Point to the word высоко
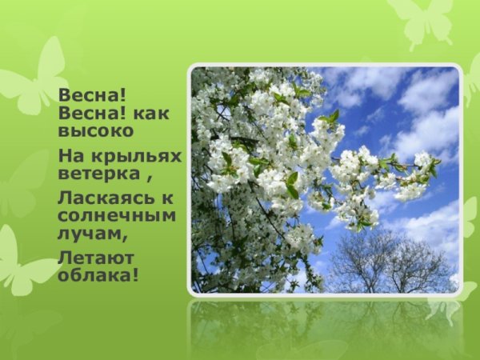click(96, 130)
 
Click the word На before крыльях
click(71, 154)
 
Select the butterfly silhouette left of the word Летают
click(24, 260)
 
